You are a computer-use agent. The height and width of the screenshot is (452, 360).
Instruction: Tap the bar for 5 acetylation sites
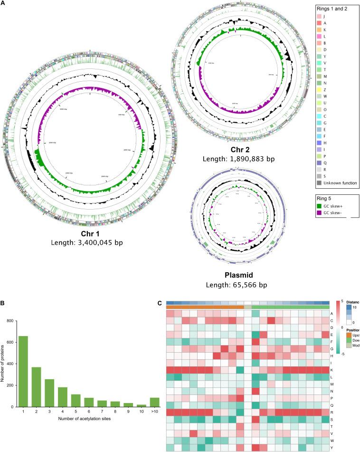click(x=62, y=398)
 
